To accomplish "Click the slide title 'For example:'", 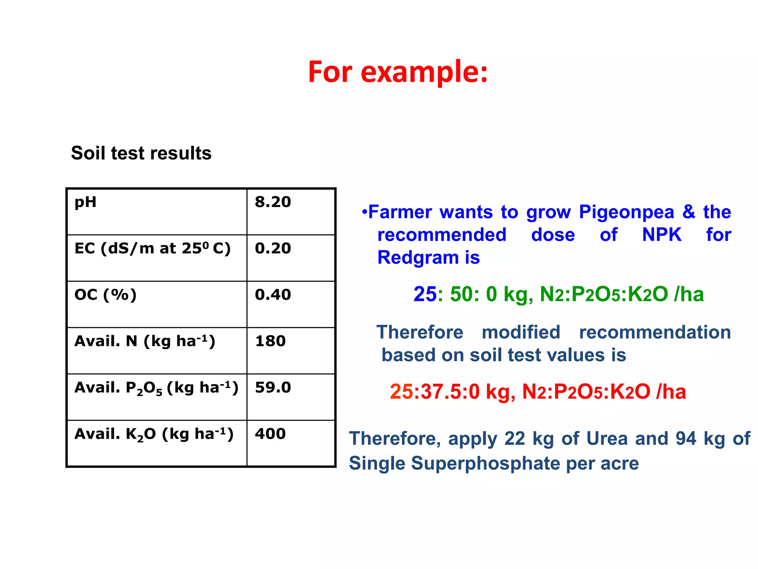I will pyautogui.click(x=398, y=72).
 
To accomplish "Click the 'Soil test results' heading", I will pyautogui.click(x=141, y=153).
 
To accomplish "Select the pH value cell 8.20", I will pyautogui.click(x=273, y=202).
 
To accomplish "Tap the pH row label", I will pyautogui.click(x=85, y=202).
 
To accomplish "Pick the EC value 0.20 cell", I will pyautogui.click(x=273, y=249).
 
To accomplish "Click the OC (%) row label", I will pyautogui.click(x=105, y=295).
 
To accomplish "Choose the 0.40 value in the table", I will pyautogui.click(x=273, y=295).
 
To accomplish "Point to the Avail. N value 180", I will pyautogui.click(x=270, y=341).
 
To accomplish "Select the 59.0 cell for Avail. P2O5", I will pyautogui.click(x=273, y=387).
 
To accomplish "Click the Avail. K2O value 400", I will pyautogui.click(x=270, y=434).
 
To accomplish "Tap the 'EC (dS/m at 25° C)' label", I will pyautogui.click(x=152, y=249).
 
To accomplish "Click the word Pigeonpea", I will pyautogui.click(x=626, y=212).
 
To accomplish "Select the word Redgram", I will pyautogui.click(x=417, y=257).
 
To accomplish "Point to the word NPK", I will pyautogui.click(x=661, y=235).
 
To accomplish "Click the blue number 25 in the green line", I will pyautogui.click(x=425, y=295).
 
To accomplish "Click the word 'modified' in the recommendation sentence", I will pyautogui.click(x=521, y=332).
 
